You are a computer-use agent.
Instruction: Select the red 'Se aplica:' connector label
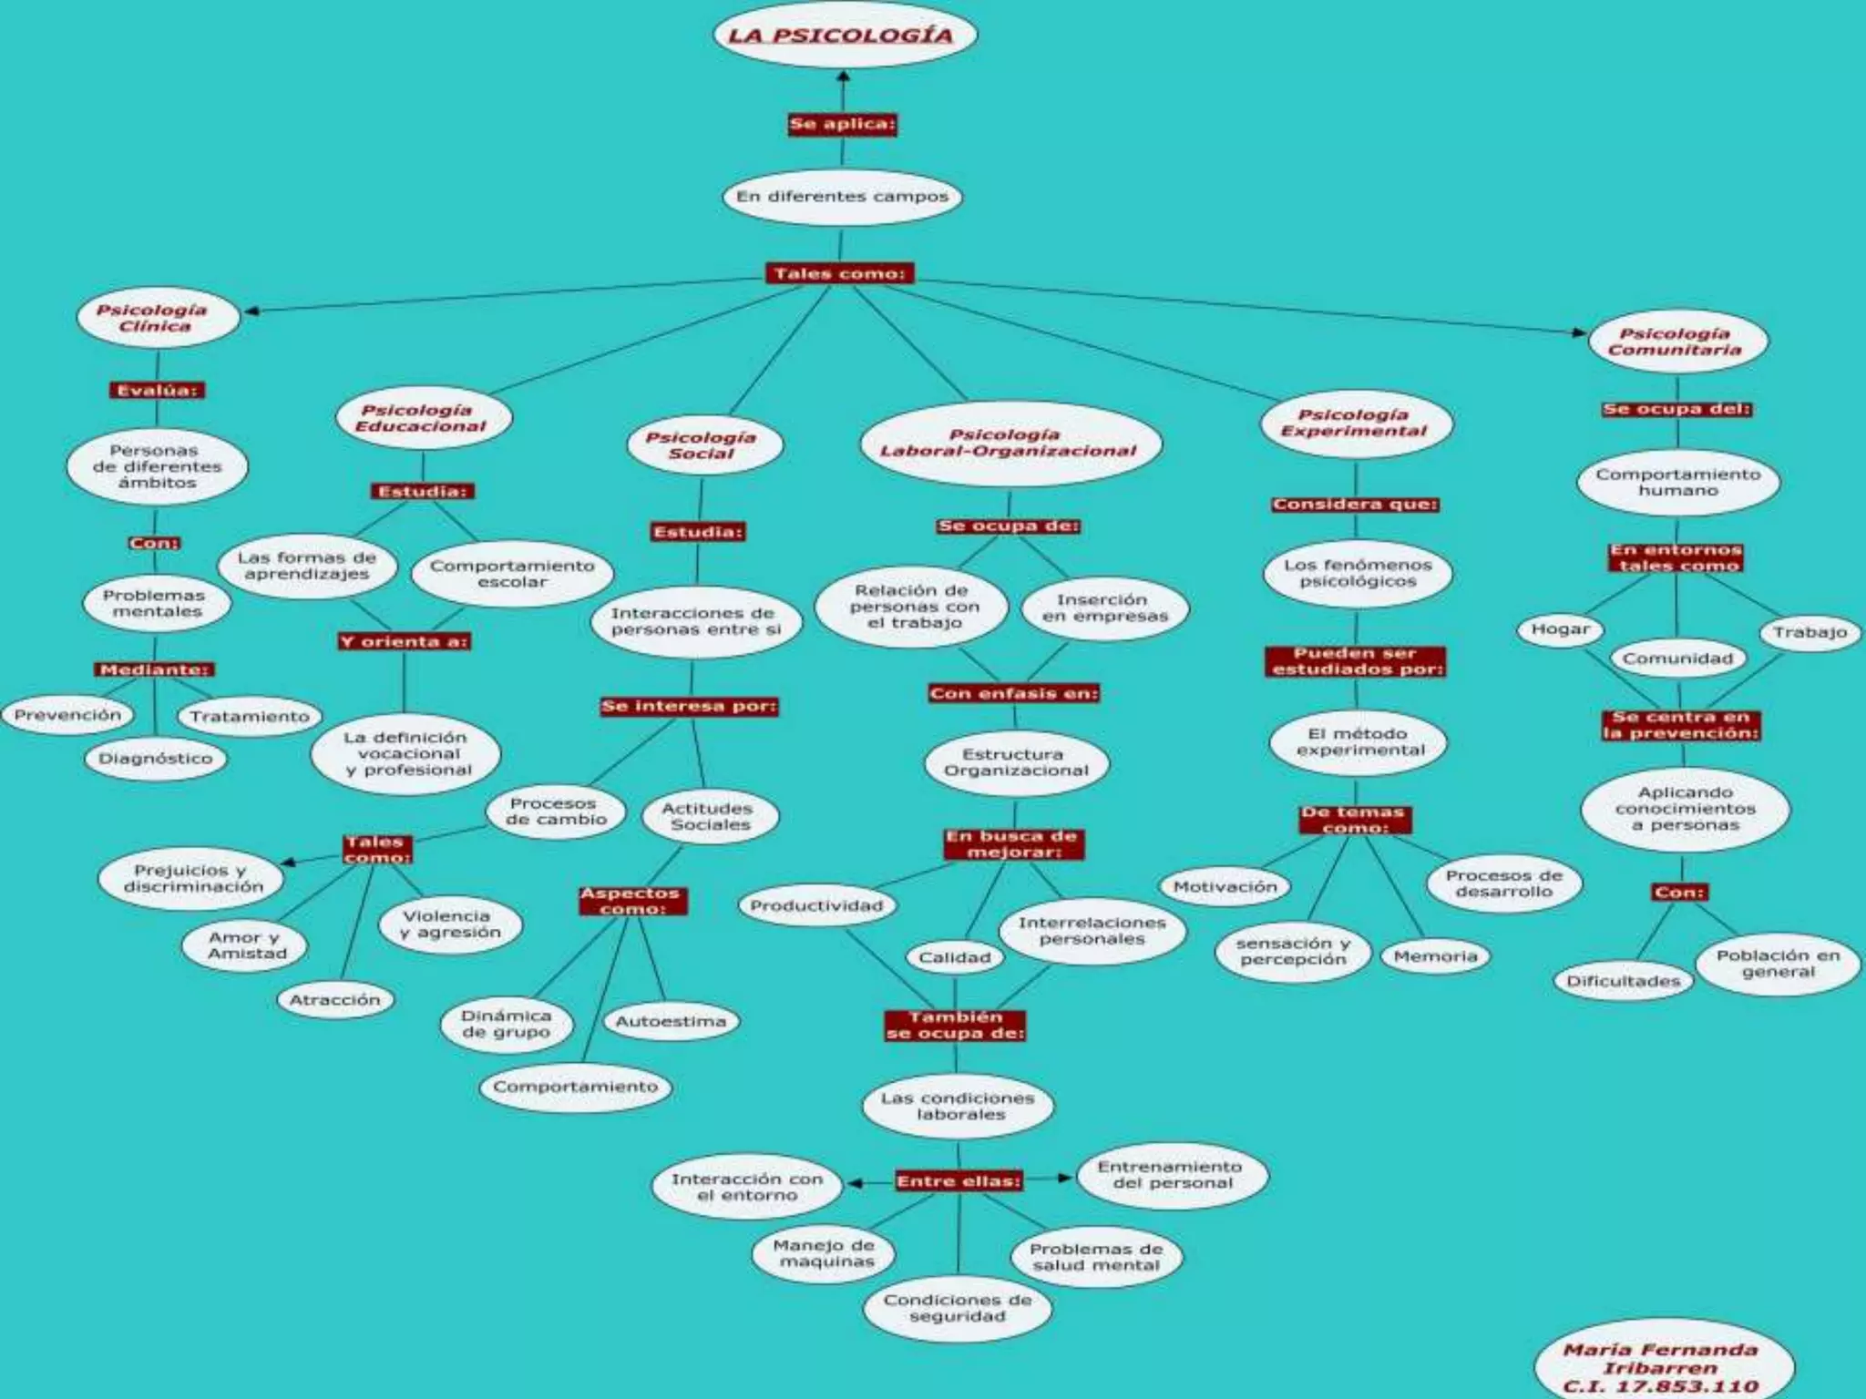click(x=842, y=124)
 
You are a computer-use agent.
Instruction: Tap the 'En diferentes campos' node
click(x=843, y=197)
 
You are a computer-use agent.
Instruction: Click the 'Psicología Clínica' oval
click(x=154, y=318)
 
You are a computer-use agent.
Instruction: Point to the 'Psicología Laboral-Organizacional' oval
click(x=1008, y=443)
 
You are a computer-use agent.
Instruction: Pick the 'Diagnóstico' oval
click(x=156, y=759)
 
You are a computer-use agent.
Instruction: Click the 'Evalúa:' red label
click(x=157, y=391)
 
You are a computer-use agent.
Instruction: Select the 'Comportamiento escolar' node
click(x=512, y=574)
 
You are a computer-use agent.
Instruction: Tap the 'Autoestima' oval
click(x=672, y=1022)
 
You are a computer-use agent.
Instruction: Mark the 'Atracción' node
click(x=334, y=1000)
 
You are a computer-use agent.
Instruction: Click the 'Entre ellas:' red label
click(x=959, y=1181)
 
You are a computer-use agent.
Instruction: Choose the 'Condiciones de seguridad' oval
click(x=958, y=1308)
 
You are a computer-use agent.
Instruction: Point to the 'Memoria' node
click(x=1435, y=956)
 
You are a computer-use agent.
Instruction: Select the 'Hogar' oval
click(x=1560, y=629)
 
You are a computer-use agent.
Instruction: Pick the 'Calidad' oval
click(x=954, y=957)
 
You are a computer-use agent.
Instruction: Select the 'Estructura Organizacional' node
click(x=1016, y=762)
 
